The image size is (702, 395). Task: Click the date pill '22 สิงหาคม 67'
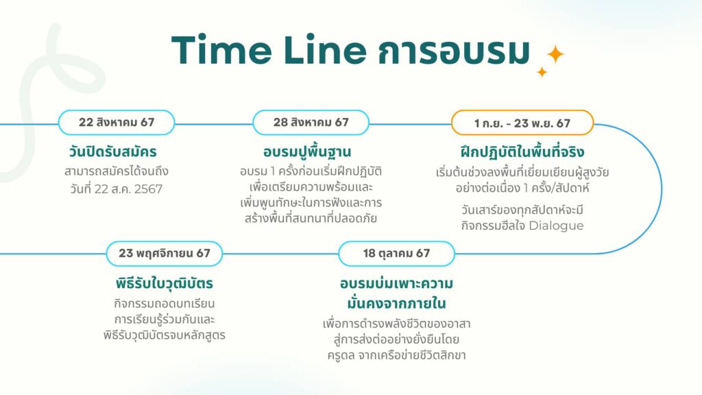117,123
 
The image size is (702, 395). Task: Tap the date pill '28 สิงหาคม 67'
311,123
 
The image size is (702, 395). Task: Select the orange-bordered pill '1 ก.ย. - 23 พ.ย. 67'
522,123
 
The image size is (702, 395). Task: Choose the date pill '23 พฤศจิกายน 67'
165,253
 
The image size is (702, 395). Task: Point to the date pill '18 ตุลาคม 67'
397,253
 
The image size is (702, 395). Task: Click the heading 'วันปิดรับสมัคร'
117,151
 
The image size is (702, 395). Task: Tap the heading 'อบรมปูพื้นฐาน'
311,151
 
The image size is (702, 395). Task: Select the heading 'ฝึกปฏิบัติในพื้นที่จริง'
522,152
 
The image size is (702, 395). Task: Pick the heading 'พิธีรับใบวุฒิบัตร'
165,283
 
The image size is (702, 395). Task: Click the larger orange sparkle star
554,55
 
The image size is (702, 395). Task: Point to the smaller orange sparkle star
542,72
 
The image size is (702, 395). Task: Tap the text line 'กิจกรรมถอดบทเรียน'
165,303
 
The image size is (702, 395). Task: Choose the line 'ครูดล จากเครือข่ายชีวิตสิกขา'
397,355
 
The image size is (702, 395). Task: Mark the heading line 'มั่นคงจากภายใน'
397,302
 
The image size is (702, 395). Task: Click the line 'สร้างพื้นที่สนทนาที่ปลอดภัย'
311,219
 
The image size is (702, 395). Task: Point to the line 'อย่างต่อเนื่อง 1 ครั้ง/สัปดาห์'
522,187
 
